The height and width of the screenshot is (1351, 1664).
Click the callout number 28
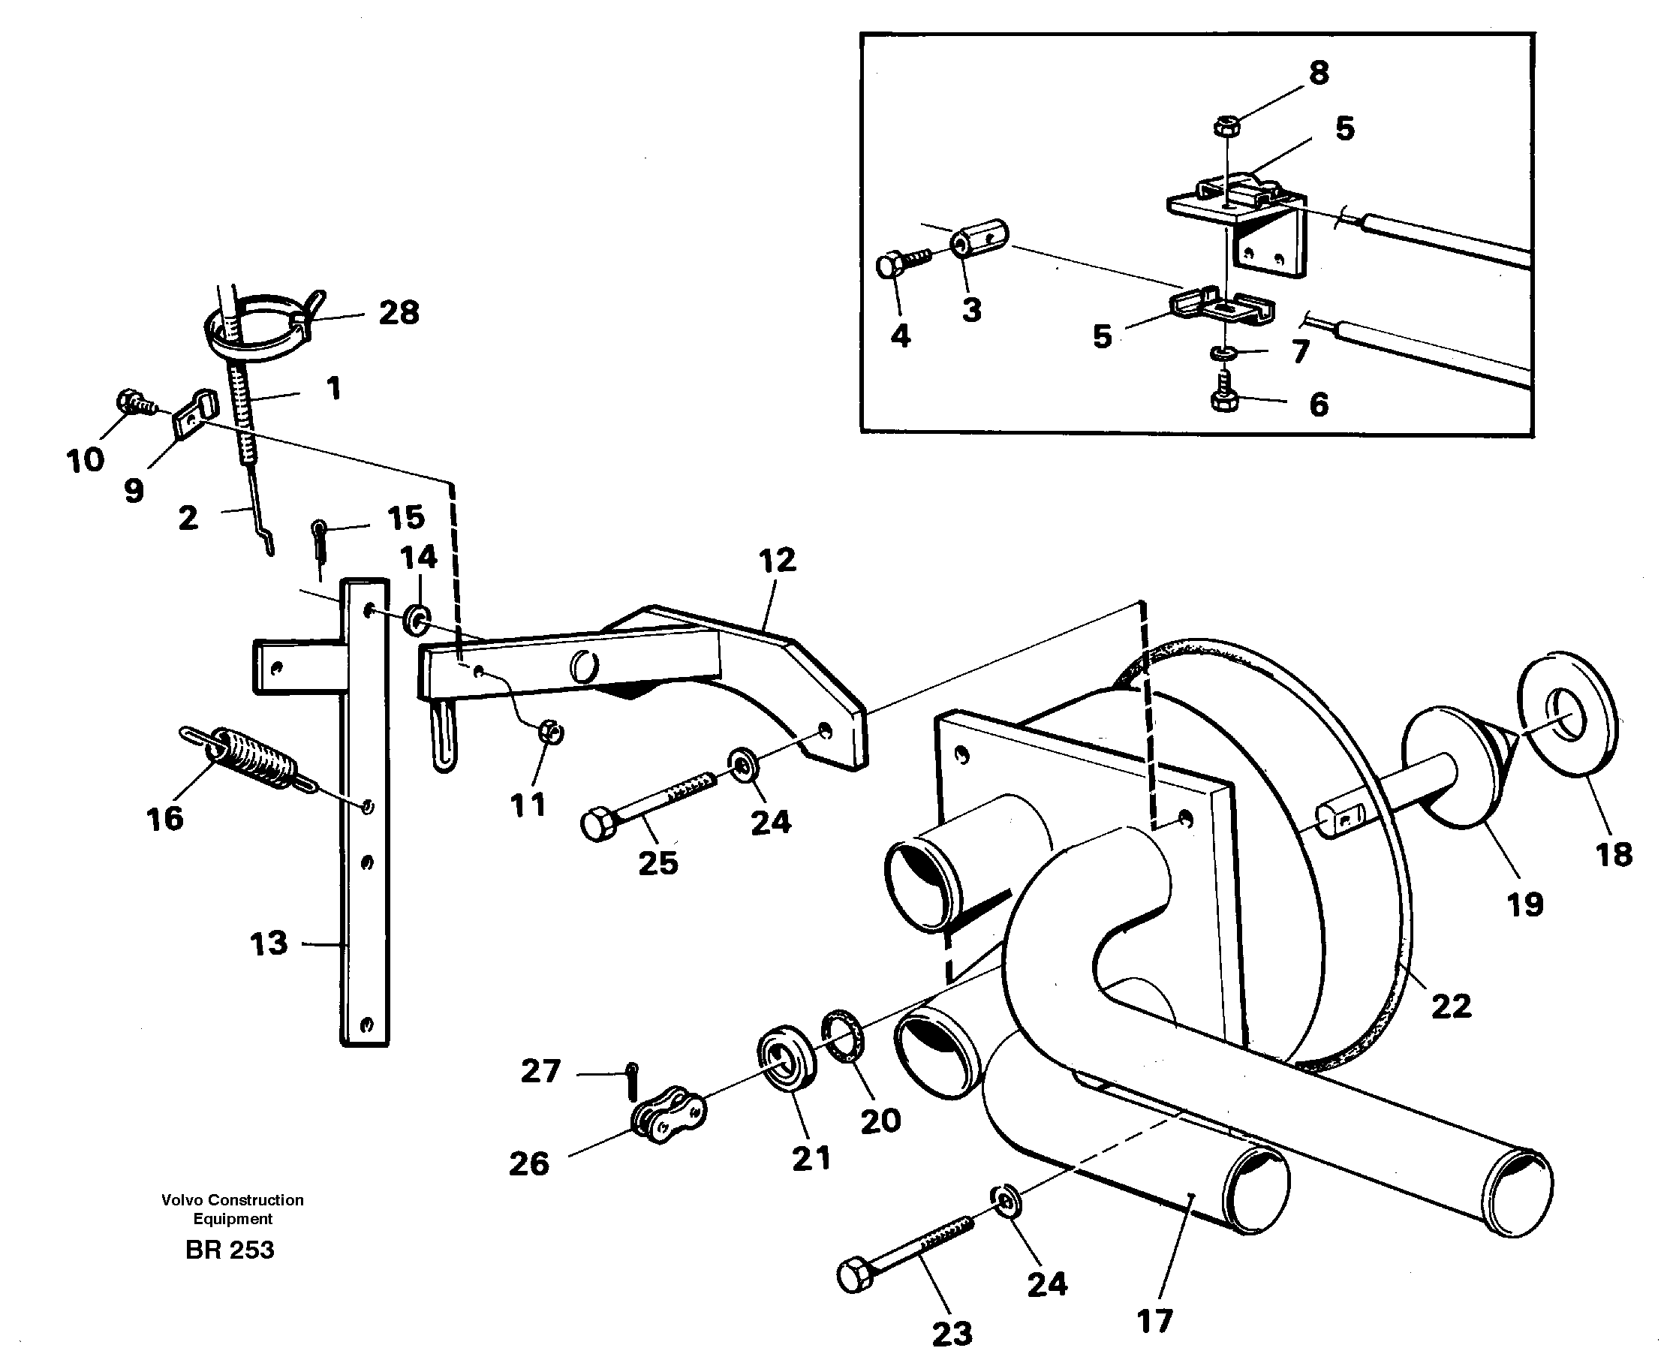click(x=399, y=313)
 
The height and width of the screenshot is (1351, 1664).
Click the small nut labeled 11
click(x=551, y=732)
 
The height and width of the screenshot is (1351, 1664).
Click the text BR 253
click(x=230, y=1250)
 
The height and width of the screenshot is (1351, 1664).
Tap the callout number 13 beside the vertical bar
click(x=269, y=944)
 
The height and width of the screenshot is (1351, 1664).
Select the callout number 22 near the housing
click(x=1451, y=1006)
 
